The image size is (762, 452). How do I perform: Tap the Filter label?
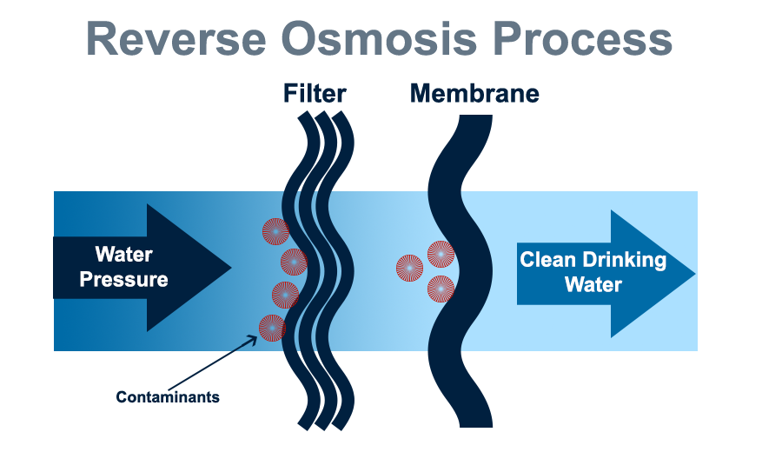pos(315,93)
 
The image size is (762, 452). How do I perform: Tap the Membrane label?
pos(474,93)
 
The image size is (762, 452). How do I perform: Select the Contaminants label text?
pos(168,397)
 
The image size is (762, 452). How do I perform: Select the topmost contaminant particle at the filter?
pos(275,231)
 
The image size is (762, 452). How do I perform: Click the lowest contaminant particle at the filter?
pos(272,328)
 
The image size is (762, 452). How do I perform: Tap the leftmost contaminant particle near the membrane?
pos(409,269)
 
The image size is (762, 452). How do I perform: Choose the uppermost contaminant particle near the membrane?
pos(441,254)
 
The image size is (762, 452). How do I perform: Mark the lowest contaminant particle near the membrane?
pos(441,289)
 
